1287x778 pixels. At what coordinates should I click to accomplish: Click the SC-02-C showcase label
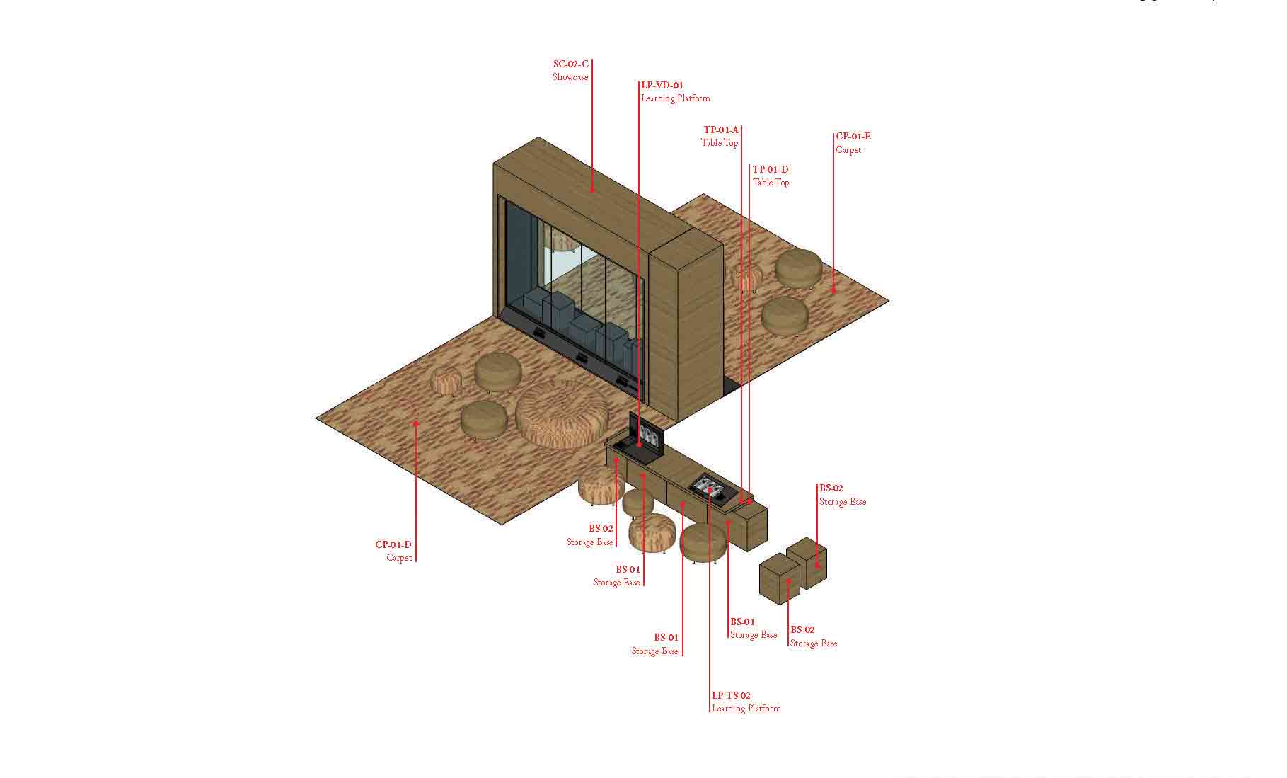point(570,70)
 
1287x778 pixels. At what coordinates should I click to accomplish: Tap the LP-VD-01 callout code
point(662,85)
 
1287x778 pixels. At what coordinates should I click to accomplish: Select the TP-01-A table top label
point(720,136)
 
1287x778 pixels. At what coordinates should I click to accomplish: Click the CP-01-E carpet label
point(853,142)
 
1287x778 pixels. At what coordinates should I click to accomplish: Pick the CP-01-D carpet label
point(393,551)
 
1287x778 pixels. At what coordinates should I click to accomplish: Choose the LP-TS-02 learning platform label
point(746,702)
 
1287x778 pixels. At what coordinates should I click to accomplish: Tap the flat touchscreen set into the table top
point(710,488)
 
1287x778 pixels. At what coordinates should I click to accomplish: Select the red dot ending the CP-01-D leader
point(416,423)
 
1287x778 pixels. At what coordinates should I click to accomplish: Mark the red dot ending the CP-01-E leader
point(833,290)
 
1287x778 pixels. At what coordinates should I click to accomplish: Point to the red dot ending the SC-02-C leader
point(593,189)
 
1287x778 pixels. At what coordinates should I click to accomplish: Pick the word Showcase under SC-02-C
point(570,76)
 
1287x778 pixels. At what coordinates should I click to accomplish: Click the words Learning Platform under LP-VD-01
point(676,98)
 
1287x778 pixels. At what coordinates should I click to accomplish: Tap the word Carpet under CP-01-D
point(399,558)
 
